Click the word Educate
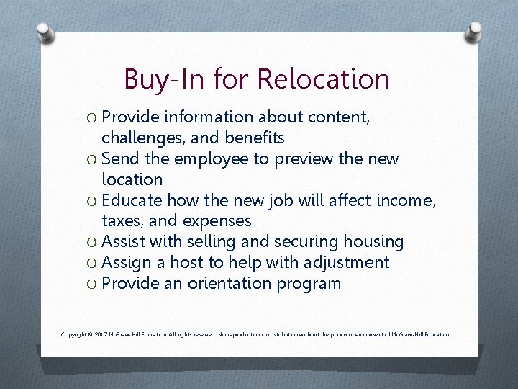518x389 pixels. click(133, 200)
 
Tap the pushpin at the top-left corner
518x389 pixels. click(45, 32)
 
